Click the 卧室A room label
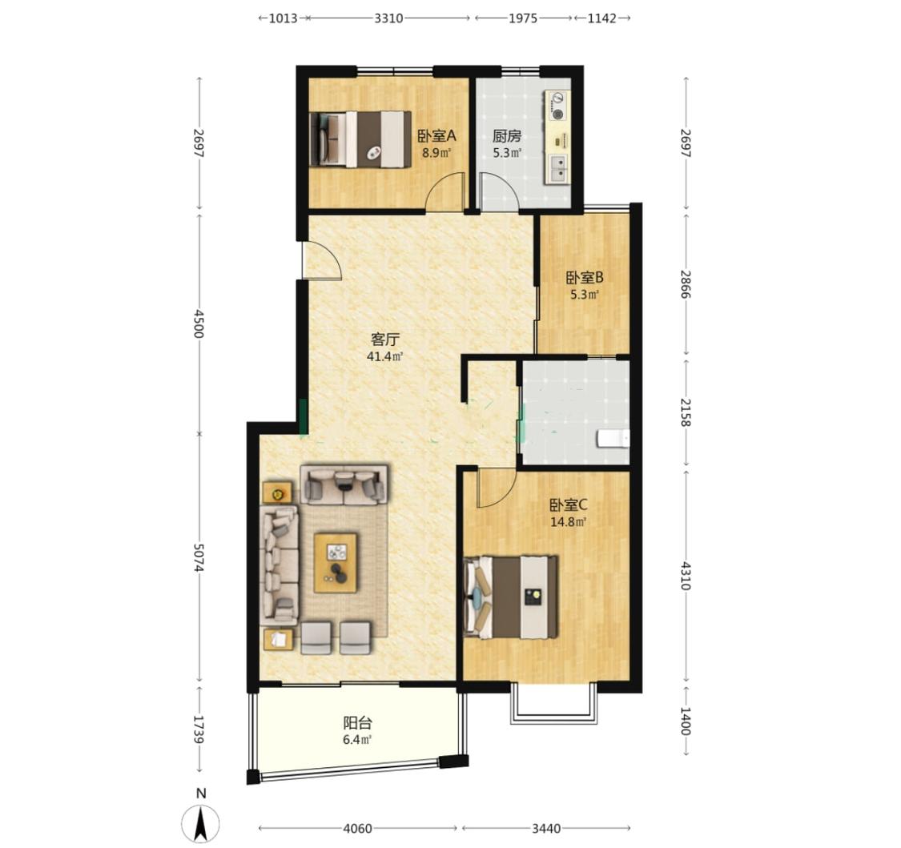tap(436, 136)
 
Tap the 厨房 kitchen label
tap(507, 136)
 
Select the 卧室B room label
tap(585, 278)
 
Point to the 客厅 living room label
tap(384, 339)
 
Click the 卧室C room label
tap(569, 505)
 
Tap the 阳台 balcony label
tap(357, 723)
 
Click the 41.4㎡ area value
tap(384, 356)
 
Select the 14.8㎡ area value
tap(569, 522)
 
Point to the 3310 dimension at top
tap(388, 18)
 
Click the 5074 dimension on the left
tap(199, 558)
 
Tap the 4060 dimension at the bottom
tap(357, 829)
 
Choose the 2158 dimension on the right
tap(685, 412)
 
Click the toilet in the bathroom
tap(613, 438)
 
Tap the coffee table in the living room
tap(336, 563)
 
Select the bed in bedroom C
tap(511, 597)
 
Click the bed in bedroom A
tap(360, 139)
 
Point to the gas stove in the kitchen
tap(557, 107)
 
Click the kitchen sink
tap(557, 169)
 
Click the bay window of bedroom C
tap(553, 702)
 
